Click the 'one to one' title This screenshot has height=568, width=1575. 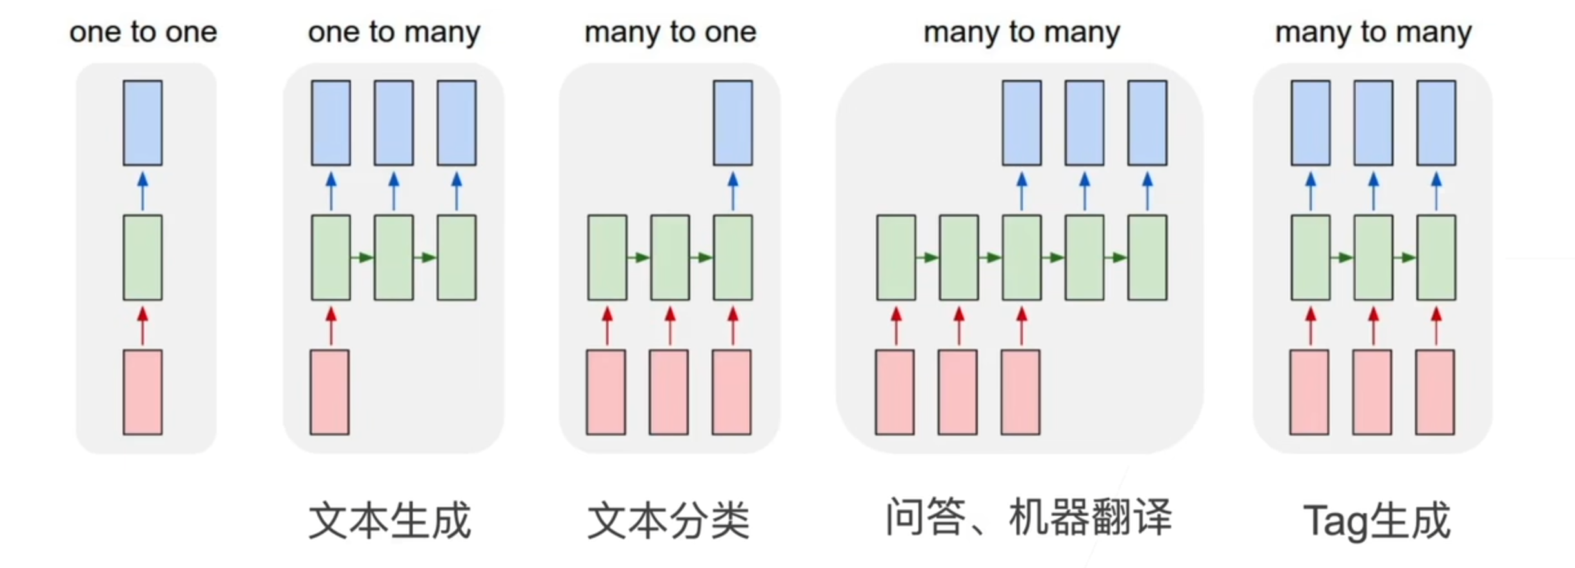(143, 32)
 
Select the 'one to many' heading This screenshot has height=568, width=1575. (393, 32)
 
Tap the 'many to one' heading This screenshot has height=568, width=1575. (670, 32)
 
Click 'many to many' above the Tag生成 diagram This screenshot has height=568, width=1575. (1373, 32)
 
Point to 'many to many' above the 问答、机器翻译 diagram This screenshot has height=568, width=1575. (1022, 32)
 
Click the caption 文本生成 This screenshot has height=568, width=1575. (390, 521)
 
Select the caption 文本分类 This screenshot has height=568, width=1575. (669, 521)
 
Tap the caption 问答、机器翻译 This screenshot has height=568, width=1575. (1028, 517)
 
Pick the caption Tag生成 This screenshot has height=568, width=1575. (1376, 521)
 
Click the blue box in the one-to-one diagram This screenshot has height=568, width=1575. (143, 123)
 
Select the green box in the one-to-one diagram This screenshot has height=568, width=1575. (143, 258)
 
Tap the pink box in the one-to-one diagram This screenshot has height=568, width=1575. (143, 392)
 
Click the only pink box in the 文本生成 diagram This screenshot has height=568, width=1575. (330, 392)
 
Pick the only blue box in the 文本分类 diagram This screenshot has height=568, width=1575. (733, 123)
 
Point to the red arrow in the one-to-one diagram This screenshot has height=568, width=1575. (143, 326)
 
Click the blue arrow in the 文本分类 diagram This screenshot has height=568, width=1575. (733, 191)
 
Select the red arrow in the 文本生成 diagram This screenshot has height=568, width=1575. (331, 326)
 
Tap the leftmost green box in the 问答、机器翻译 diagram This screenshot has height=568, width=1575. (896, 258)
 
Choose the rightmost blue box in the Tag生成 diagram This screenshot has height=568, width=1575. (1436, 123)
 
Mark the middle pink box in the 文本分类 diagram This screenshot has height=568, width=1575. (669, 392)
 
